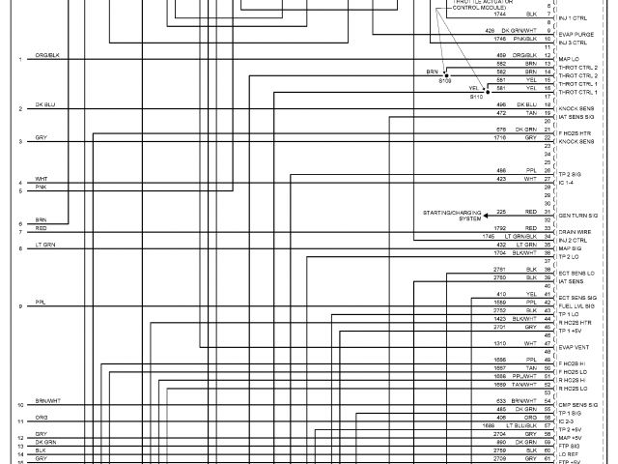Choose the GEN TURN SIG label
[x=576, y=215]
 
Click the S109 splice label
[x=445, y=81]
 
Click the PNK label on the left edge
[x=41, y=188]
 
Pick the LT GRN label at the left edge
[x=45, y=245]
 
